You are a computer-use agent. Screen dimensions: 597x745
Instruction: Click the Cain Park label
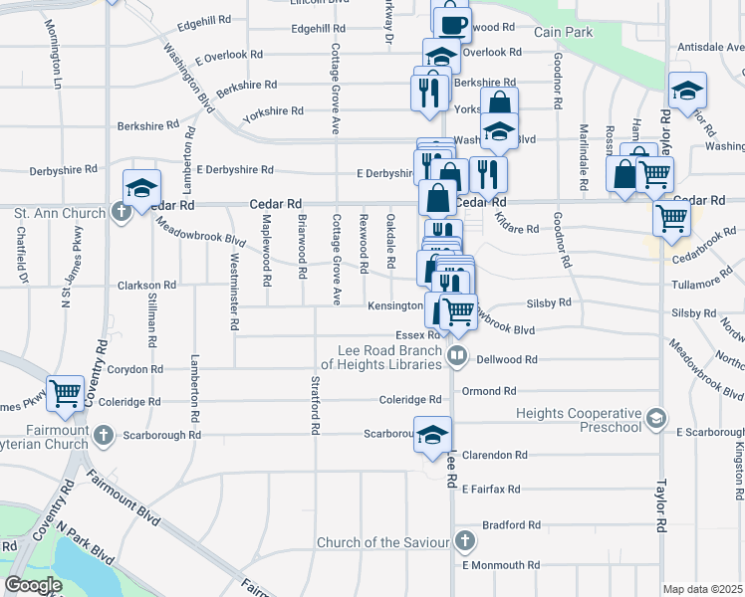(563, 32)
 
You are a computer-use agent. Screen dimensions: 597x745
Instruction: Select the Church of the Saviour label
(383, 542)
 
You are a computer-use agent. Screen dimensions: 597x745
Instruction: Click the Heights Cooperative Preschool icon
(655, 417)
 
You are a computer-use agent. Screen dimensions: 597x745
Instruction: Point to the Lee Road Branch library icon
(457, 354)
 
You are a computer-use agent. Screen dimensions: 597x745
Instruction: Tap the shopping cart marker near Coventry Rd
(65, 392)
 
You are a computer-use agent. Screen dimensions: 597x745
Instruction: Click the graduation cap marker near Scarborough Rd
(432, 435)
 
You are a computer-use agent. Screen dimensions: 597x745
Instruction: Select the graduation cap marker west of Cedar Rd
(141, 187)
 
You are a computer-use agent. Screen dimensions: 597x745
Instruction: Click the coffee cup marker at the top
(451, 20)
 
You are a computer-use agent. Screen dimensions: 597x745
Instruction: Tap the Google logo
(33, 585)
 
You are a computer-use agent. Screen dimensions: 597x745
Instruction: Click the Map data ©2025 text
(702, 589)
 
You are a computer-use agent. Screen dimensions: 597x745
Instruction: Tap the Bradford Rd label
(511, 524)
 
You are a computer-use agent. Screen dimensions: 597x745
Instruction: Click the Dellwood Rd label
(507, 359)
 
